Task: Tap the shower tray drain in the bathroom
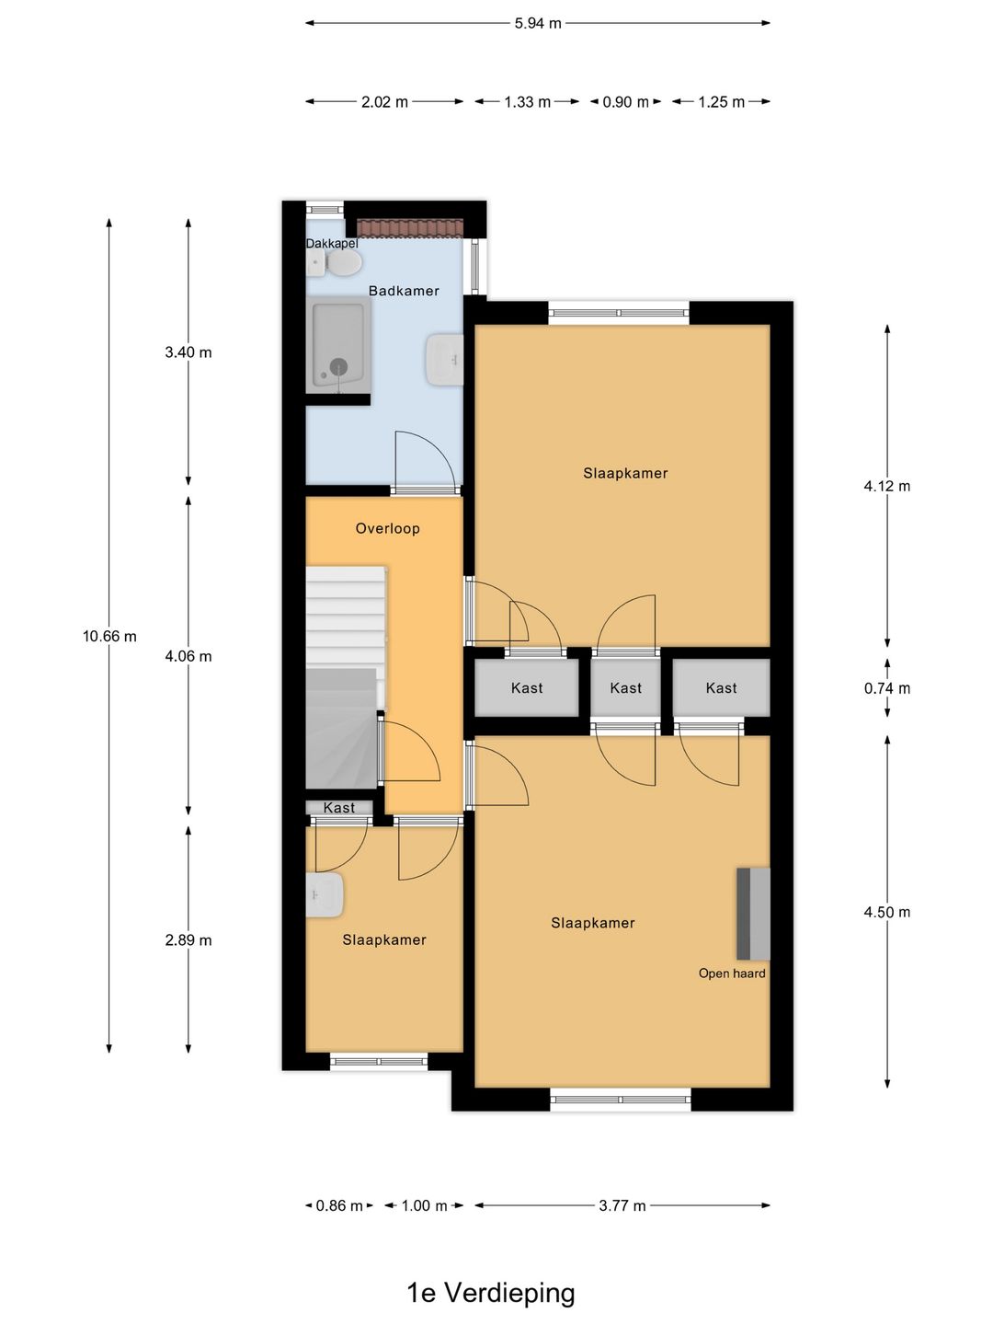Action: [339, 366]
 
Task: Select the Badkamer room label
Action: [404, 291]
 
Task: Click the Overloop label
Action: [387, 528]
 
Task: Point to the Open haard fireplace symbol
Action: [753, 914]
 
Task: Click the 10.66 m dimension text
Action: [109, 636]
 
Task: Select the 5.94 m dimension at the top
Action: [538, 23]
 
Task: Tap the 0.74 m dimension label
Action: [887, 688]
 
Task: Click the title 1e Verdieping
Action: [491, 1293]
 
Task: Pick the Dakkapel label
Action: [332, 244]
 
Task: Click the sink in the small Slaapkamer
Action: [325, 894]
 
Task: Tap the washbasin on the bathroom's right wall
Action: [444, 360]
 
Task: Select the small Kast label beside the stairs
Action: [339, 808]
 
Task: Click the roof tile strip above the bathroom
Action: [410, 229]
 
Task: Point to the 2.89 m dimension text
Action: [188, 939]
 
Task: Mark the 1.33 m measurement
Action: [528, 102]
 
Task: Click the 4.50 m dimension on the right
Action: [887, 912]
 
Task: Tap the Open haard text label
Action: [732, 974]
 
